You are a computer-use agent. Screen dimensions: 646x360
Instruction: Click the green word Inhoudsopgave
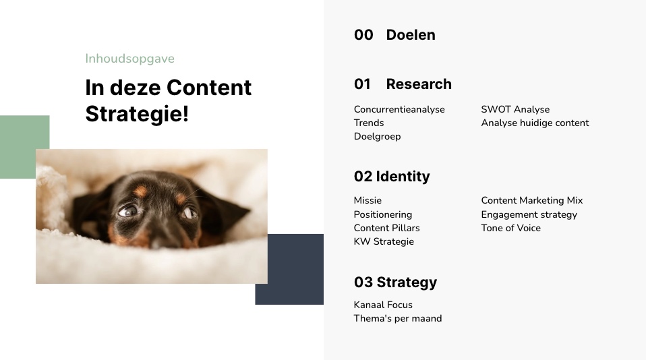click(129, 59)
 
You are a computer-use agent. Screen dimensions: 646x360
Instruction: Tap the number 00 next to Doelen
click(363, 35)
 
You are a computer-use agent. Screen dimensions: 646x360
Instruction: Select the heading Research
click(419, 84)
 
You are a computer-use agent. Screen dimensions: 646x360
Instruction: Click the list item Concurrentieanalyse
click(399, 110)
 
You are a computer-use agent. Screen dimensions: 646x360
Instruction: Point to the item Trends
click(369, 123)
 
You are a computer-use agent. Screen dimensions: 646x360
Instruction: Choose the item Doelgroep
click(377, 137)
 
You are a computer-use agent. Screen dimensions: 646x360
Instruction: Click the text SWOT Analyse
click(515, 110)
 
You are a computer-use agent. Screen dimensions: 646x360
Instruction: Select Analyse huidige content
click(535, 123)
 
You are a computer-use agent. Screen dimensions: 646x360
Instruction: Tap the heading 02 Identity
click(392, 177)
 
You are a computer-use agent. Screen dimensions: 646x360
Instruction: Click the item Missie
click(368, 201)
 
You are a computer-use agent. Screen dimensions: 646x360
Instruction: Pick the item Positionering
click(383, 214)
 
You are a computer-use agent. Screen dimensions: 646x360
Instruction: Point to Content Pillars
click(386, 228)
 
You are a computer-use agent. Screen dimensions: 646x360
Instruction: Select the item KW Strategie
click(384, 242)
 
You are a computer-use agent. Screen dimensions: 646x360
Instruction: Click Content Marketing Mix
click(532, 201)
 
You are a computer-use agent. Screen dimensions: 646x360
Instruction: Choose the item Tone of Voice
click(511, 228)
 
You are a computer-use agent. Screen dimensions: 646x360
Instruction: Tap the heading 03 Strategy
click(396, 282)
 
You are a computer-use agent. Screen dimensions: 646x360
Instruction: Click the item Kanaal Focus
click(383, 305)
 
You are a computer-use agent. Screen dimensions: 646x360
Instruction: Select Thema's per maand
click(398, 318)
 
